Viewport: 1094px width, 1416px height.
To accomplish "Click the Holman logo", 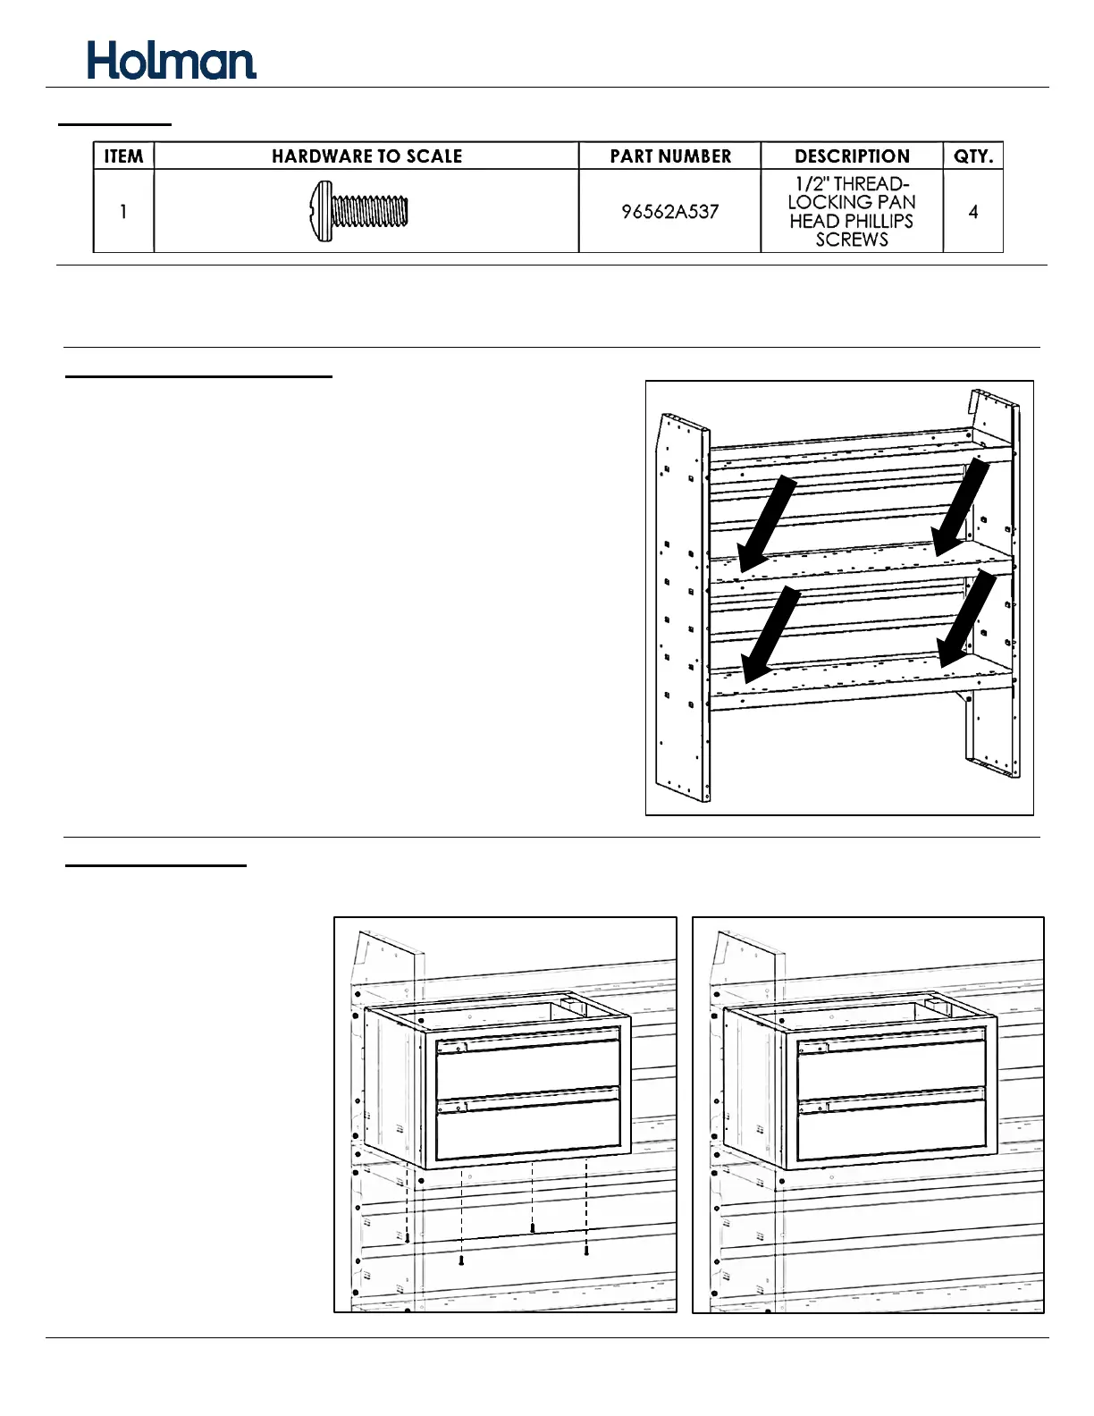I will click(172, 61).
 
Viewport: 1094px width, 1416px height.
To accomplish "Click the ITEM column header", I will click(123, 156).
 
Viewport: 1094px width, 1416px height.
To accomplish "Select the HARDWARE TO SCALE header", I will click(366, 156).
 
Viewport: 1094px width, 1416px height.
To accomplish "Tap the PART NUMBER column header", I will click(670, 156).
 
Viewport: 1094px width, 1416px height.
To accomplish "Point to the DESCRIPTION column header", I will click(852, 156).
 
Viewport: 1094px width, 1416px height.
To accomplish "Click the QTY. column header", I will click(973, 156).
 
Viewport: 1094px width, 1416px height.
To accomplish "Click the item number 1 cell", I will click(123, 212).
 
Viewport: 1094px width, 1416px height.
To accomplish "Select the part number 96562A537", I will click(670, 212).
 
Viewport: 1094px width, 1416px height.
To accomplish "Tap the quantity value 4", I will click(973, 212).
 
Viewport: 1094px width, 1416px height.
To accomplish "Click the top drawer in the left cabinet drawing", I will click(527, 1067).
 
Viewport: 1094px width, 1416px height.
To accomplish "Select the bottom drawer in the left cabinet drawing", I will click(527, 1126).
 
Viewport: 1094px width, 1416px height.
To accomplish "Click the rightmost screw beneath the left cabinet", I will click(586, 1252).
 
